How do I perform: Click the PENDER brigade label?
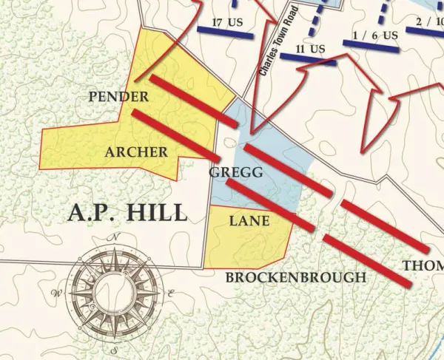[118, 97]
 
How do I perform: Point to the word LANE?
[249, 220]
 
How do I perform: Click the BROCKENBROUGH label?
[295, 277]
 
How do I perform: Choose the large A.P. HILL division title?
[127, 213]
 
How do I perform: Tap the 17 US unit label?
[227, 21]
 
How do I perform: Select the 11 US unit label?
[310, 50]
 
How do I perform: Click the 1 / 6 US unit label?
[375, 35]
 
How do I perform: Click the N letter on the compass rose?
[115, 237]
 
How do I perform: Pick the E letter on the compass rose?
[171, 293]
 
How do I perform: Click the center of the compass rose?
[114, 293]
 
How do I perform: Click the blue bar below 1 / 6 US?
[374, 45]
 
